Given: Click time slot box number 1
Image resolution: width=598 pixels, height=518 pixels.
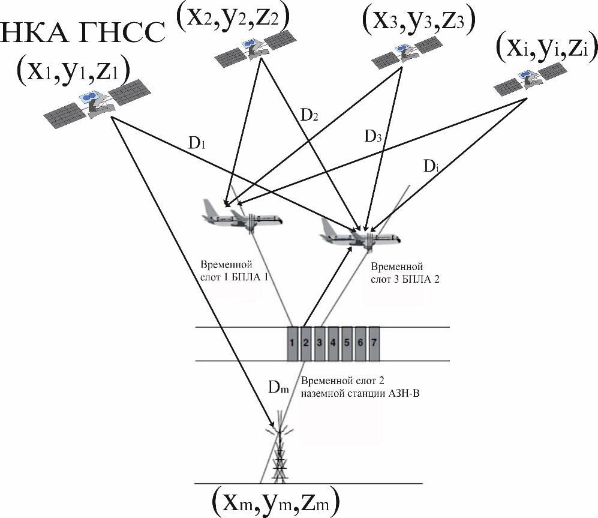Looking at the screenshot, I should pos(292,344).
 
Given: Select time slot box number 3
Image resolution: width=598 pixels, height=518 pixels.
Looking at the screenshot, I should pos(320,344).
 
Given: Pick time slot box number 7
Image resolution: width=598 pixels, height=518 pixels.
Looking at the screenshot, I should pos(374,344).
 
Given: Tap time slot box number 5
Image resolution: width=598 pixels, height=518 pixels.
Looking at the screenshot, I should pos(347,344).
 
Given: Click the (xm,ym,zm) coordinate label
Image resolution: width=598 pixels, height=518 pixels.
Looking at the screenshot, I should pos(276,499).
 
